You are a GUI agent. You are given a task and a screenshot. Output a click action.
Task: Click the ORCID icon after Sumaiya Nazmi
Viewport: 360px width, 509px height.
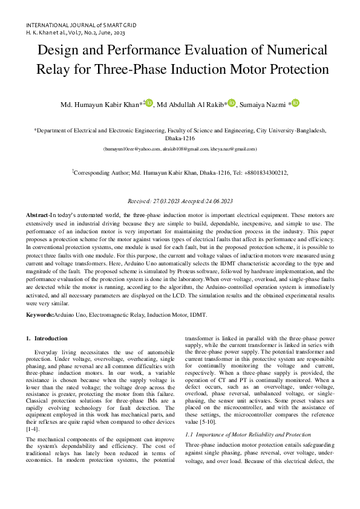pos(295,103)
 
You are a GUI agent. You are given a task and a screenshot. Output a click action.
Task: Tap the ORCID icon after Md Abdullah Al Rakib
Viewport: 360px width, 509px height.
pos(232,103)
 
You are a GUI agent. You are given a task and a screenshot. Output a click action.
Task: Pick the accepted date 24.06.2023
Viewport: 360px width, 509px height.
pos(220,201)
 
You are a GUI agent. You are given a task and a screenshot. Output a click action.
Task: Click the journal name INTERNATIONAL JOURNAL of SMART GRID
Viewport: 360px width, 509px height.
pos(81,25)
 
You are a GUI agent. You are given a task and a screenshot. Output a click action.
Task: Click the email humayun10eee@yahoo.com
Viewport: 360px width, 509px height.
pos(131,149)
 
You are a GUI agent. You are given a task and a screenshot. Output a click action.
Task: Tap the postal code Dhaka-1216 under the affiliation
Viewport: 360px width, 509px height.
pos(180,138)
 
